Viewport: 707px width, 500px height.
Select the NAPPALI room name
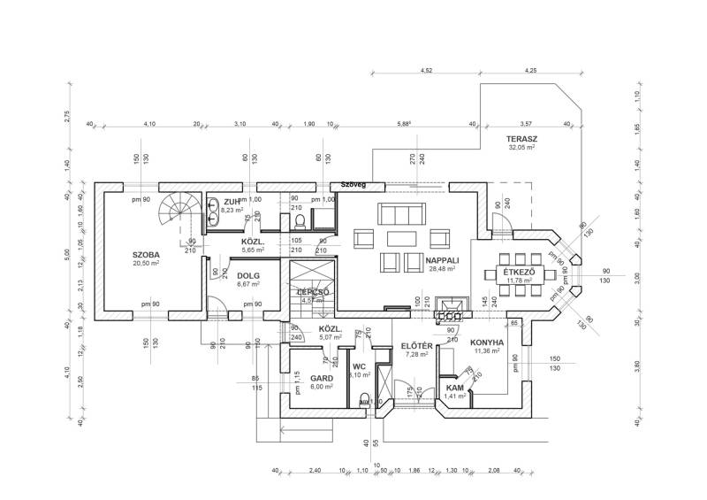(x=442, y=260)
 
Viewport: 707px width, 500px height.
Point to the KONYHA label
(x=487, y=342)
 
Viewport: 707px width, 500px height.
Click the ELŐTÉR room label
(x=415, y=345)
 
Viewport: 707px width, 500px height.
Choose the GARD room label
(x=321, y=378)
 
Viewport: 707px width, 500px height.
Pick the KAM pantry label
(x=455, y=388)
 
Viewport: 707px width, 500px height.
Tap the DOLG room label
(x=248, y=276)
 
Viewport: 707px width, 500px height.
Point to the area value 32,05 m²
(x=523, y=149)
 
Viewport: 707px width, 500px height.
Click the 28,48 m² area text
(x=442, y=269)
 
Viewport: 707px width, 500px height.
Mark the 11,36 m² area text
(x=487, y=350)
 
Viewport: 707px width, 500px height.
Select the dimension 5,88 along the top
(x=405, y=124)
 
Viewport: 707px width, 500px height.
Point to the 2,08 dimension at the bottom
(x=493, y=470)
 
